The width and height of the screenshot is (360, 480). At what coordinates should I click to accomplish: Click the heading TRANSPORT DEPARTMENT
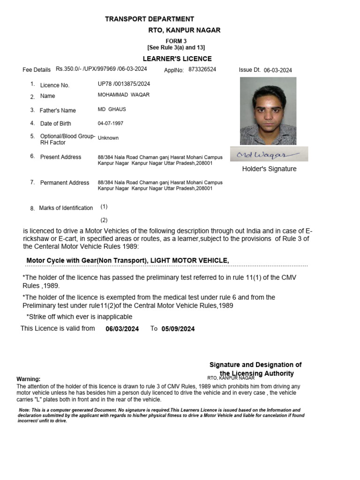click(x=149, y=19)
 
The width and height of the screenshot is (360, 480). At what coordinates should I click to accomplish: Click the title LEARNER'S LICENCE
click(x=177, y=59)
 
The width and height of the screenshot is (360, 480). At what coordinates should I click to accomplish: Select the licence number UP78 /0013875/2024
click(x=124, y=83)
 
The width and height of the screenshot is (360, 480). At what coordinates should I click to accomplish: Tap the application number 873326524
click(x=202, y=69)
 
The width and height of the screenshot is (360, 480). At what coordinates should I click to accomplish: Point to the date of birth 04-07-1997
click(x=111, y=123)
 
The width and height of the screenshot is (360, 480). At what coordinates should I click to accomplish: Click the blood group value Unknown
click(x=108, y=138)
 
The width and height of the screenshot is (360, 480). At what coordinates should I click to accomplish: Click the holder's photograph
click(x=268, y=111)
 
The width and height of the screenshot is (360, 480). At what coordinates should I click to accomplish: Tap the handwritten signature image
click(x=269, y=154)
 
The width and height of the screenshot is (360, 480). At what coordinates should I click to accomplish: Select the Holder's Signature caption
click(x=269, y=169)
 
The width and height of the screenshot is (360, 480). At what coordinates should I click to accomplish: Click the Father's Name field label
click(x=58, y=111)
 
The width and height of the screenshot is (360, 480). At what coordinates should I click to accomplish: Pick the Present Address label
click(x=60, y=157)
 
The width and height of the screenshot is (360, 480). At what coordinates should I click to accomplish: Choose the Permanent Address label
click(x=64, y=182)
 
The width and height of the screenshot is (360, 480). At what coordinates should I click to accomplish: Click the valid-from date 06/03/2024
click(x=122, y=329)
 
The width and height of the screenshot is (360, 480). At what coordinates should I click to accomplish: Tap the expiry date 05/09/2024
click(x=178, y=329)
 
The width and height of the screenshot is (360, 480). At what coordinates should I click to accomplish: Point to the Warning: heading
click(x=29, y=379)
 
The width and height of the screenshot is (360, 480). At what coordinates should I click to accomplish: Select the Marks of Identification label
click(x=66, y=208)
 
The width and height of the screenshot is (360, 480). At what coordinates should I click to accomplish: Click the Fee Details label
click(x=37, y=70)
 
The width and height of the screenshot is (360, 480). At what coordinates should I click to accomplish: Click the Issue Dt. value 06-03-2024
click(x=277, y=70)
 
